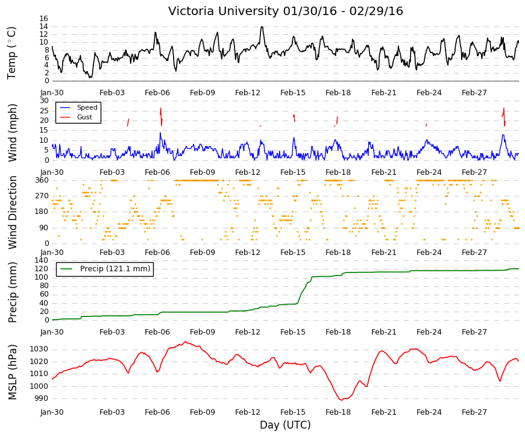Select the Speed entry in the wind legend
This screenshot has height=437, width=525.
click(87, 107)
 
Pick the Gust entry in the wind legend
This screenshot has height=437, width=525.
click(84, 117)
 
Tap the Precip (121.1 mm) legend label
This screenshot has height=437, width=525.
click(115, 269)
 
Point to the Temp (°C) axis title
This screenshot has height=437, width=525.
click(11, 53)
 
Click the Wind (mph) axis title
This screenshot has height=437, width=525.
click(12, 133)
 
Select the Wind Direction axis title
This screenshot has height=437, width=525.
click(12, 212)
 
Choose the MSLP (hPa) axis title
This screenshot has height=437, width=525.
click(12, 372)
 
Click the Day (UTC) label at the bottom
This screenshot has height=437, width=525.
click(285, 425)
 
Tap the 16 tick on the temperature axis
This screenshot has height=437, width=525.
click(43, 19)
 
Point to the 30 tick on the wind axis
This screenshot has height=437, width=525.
click(44, 101)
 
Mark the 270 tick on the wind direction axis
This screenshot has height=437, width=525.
click(43, 196)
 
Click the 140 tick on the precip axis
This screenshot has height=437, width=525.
click(42, 260)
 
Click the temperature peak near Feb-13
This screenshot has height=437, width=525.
click(262, 27)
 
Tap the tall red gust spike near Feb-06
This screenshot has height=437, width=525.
click(161, 116)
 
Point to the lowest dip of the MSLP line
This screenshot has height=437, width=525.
click(342, 400)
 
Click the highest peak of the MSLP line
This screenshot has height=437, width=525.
click(186, 342)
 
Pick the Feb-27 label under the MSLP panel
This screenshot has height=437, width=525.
click(474, 412)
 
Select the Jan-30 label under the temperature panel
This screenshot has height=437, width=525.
click(52, 93)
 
